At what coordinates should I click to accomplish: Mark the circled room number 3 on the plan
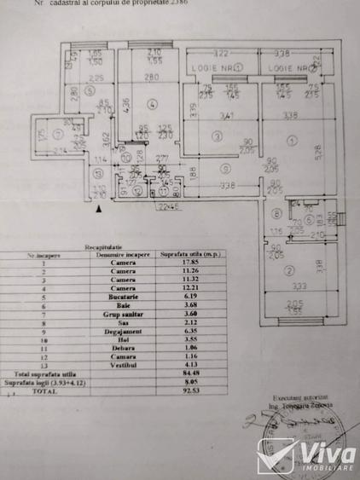[x=217, y=136]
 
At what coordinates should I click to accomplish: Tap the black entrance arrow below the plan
[x=100, y=208]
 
